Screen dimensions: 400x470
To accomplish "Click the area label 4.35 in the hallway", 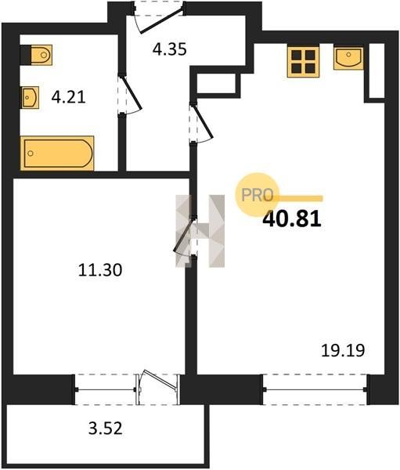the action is (x=170, y=49).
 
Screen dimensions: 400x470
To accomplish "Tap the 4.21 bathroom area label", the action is (x=69, y=97).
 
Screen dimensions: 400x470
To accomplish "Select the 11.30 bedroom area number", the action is (x=100, y=269).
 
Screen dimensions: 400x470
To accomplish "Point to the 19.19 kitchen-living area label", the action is (x=343, y=350).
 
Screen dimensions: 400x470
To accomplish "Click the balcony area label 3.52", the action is (x=106, y=428).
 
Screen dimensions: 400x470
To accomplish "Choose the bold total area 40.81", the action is (x=292, y=219).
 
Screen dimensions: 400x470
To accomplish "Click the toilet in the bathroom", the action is (x=36, y=55).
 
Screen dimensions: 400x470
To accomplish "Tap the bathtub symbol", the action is (x=57, y=154).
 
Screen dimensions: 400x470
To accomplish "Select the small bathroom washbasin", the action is (x=30, y=97).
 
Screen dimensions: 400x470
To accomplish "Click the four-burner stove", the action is (x=303, y=62).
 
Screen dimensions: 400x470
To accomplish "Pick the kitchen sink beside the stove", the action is (x=348, y=58).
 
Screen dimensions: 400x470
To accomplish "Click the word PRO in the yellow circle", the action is (x=258, y=195).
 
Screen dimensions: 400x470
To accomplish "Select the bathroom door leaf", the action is (x=132, y=93).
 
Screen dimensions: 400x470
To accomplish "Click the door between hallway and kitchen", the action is (x=202, y=121).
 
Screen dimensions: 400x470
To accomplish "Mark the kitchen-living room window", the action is (x=315, y=389).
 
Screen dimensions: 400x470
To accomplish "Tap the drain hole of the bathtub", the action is (x=31, y=154).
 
